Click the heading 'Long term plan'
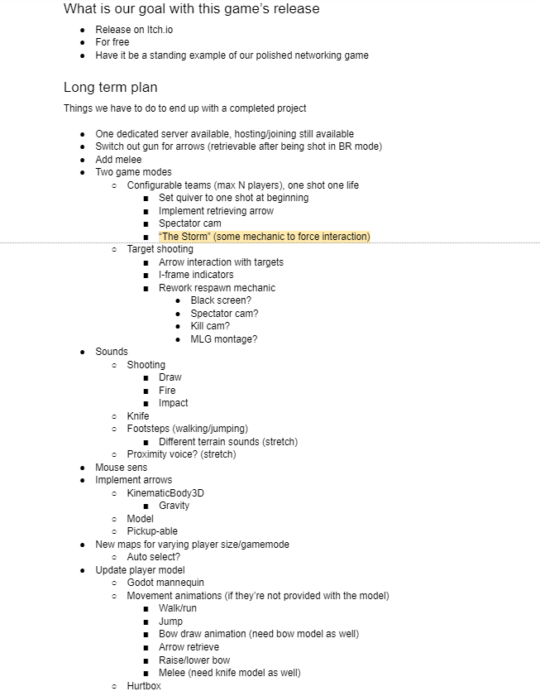110,88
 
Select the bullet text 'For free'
113,42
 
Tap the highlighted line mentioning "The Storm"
264,237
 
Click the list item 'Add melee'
118,160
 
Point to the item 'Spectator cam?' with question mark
224,314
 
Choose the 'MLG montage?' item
223,339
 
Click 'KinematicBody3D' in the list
165,493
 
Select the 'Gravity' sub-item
174,506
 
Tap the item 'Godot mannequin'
165,583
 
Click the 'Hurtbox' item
144,686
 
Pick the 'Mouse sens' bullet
121,468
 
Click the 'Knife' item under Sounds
138,416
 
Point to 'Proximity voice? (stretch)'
181,454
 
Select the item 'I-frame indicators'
196,275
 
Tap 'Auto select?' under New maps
153,557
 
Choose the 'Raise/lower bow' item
194,660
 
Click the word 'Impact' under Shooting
173,403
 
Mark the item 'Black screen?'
221,300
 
